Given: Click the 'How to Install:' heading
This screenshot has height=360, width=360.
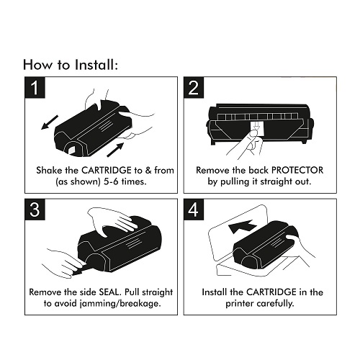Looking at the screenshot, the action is click(71, 65).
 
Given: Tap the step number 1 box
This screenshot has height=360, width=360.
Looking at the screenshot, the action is click(35, 87).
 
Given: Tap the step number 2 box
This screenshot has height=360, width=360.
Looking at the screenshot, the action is click(194, 87).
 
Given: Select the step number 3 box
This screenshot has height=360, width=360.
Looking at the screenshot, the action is click(35, 210).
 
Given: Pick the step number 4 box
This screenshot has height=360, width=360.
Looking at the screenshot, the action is click(194, 210).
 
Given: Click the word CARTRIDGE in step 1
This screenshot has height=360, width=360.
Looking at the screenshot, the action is click(107, 170).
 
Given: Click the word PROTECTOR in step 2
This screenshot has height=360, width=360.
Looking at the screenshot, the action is click(297, 170).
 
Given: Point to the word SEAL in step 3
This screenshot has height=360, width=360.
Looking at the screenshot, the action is click(109, 292).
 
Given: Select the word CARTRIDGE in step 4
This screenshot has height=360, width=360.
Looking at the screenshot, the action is click(271, 292).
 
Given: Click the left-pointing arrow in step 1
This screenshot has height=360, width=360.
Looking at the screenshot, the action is click(50, 122).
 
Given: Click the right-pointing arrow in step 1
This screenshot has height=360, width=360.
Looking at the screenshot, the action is click(115, 150).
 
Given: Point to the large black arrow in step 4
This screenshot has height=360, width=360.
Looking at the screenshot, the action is click(242, 227).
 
